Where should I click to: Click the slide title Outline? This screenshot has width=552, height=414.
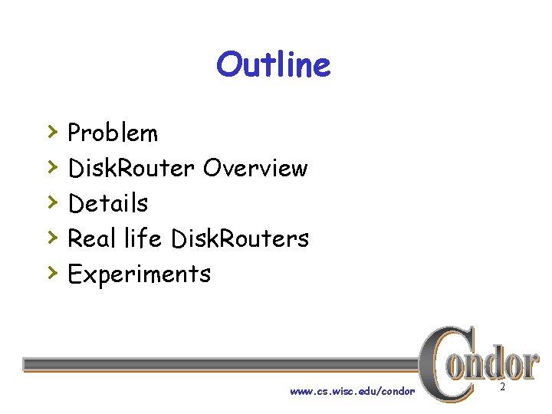coord(274,65)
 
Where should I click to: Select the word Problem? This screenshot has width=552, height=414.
coord(113,133)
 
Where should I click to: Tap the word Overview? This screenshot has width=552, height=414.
coord(255,168)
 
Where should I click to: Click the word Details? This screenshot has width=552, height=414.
coord(108,203)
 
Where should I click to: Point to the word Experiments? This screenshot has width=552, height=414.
coord(139,274)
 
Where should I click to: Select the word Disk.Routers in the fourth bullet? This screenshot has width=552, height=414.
coord(240,238)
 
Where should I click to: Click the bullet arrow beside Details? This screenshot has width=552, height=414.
coord(51,201)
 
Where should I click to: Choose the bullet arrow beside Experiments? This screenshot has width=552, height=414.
coord(51,271)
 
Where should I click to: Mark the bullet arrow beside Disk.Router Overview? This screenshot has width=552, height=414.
coord(51,166)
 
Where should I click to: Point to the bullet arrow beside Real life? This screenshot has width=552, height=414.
coord(51,236)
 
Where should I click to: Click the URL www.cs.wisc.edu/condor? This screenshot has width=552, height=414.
coord(352,391)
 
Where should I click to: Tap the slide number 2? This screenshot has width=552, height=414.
coord(502,388)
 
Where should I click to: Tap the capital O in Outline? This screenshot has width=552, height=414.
coord(228,65)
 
